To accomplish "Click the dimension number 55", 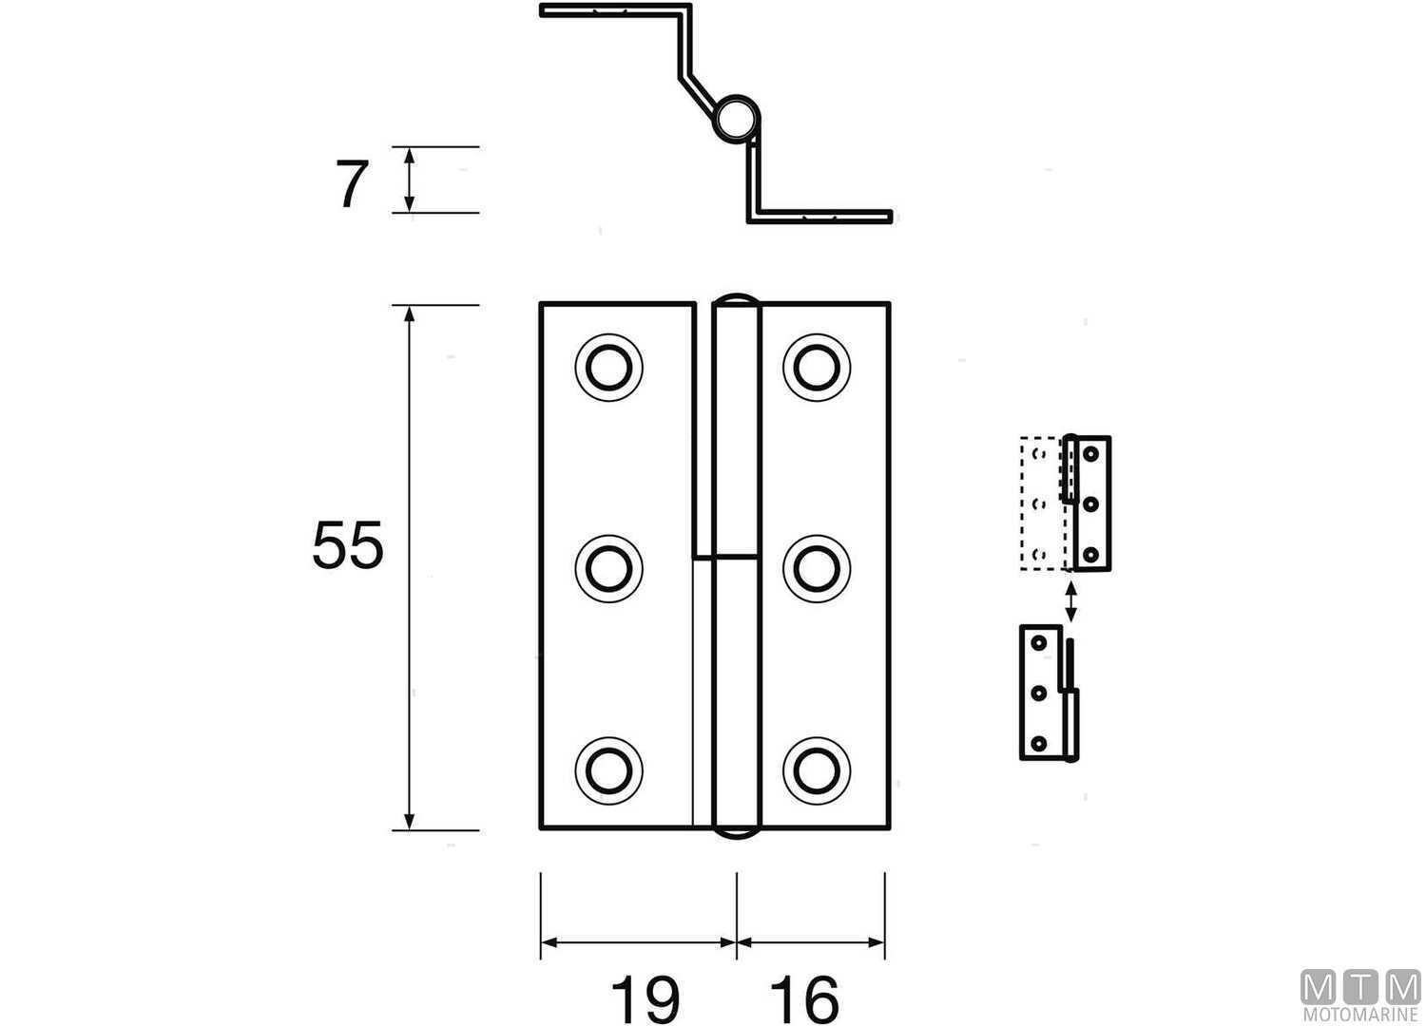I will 348,546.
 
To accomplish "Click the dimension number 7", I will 350,185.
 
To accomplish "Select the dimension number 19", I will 645,998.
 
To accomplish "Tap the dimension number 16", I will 804,998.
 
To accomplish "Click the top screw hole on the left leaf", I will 608,367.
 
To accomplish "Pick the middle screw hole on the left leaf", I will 608,568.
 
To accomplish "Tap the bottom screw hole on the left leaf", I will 608,769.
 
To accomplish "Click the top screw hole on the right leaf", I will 817,367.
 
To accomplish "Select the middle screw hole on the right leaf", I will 817,568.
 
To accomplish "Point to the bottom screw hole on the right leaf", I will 817,769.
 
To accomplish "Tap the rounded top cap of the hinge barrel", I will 737,298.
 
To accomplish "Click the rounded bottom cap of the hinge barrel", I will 737,834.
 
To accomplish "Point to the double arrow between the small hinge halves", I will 1071,600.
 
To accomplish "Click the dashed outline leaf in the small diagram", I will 1041,503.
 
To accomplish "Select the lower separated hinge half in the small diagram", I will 1046,693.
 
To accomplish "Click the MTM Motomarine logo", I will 1359,996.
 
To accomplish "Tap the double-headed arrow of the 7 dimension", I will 410,180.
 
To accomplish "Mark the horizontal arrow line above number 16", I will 811,942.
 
